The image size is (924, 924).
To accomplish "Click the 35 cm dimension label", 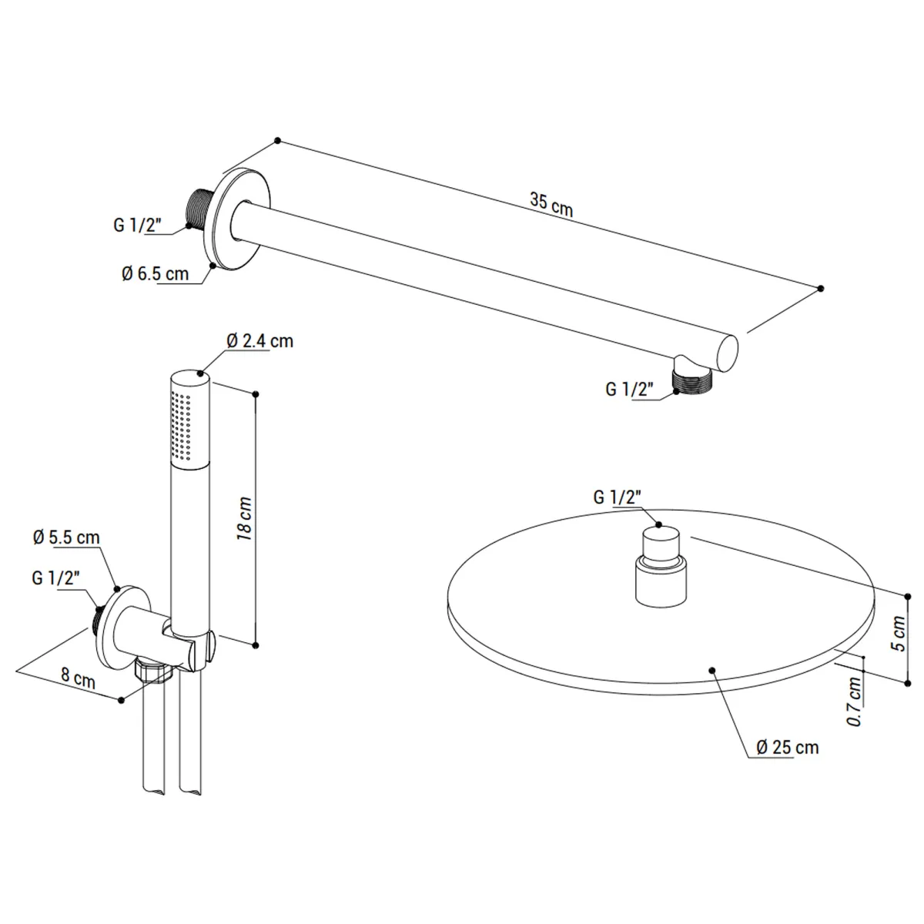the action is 551,204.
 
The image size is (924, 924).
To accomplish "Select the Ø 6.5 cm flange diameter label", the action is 155,274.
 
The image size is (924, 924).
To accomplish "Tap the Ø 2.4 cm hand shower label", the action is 260,341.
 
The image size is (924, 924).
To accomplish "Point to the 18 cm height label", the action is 245,518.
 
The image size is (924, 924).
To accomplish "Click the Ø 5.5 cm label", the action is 66,537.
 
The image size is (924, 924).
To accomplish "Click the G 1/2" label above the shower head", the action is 618,497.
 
